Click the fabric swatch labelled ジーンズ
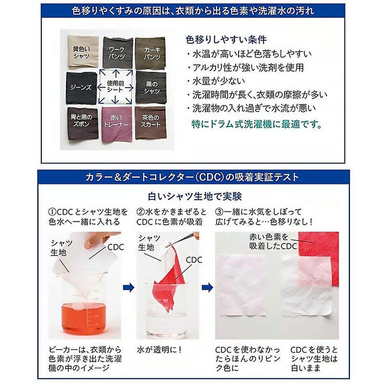[81, 88]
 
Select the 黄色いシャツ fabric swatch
[83, 51]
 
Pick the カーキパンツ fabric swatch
[150, 53]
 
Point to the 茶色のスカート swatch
[150, 123]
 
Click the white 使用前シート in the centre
[115, 87]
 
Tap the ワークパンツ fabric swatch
[117, 52]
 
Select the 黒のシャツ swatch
[151, 88]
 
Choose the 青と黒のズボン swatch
[83, 123]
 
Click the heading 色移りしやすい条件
[226, 39]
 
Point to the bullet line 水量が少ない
[216, 81]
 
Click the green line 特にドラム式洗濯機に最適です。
[257, 124]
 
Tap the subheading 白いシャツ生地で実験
[195, 196]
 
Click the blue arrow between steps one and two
[128, 287]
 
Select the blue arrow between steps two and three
[207, 287]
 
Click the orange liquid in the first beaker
[83, 318]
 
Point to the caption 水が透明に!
[159, 350]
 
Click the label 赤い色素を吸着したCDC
[273, 242]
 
